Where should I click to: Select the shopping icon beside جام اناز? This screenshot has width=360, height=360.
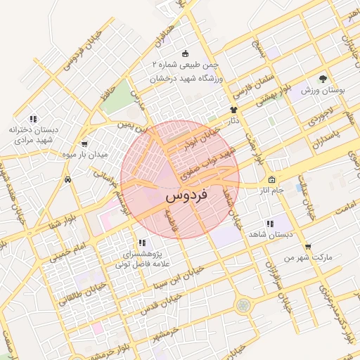pos(271,179)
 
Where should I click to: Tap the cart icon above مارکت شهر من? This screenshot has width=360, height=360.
pos(307,246)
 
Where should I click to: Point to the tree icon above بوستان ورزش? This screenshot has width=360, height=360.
pos(323,79)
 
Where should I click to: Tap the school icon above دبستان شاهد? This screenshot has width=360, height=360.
pos(270,224)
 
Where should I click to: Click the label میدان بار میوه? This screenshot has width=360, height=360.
pos(103,153)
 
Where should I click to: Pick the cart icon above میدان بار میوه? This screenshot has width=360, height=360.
pos(86,143)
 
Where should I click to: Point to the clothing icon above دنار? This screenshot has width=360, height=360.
pos(234,110)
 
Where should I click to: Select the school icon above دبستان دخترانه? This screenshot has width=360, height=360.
pos(32,120)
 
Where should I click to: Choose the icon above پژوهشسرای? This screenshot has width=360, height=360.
pos(142,243)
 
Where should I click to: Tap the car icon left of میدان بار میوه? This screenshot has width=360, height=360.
pos(67,180)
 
